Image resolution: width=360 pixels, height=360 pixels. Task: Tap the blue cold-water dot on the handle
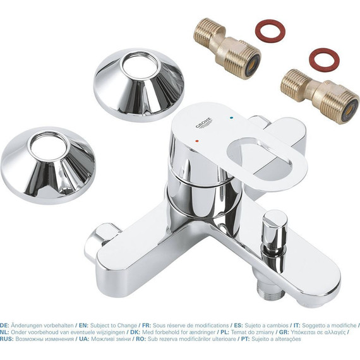[x=232, y=117]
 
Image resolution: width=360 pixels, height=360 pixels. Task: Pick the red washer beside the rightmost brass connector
[x=324, y=59]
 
